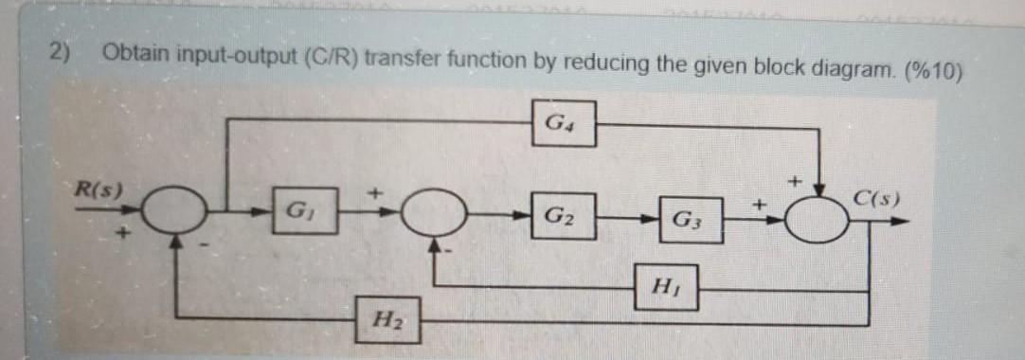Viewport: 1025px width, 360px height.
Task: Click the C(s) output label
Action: pyautogui.click(x=876, y=201)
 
